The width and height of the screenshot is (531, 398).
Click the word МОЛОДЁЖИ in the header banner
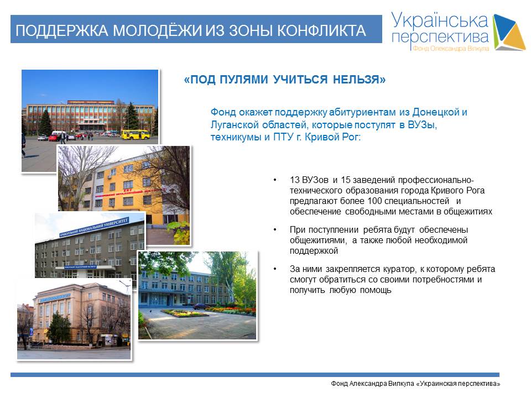(x=157, y=30)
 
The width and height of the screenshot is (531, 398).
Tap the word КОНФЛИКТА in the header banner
(x=321, y=31)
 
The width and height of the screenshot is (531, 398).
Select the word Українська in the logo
(x=440, y=20)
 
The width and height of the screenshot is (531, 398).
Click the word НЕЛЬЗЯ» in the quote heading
(x=360, y=79)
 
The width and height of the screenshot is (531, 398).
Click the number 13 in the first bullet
(x=294, y=180)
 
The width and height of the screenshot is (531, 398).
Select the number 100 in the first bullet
(x=374, y=201)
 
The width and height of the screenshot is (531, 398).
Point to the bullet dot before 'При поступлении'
(x=275, y=230)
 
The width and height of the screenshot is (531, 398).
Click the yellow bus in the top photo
(x=136, y=134)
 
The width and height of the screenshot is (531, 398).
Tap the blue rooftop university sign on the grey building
(x=94, y=227)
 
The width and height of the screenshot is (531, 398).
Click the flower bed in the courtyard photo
(x=184, y=313)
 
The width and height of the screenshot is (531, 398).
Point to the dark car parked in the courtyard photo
(x=200, y=307)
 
